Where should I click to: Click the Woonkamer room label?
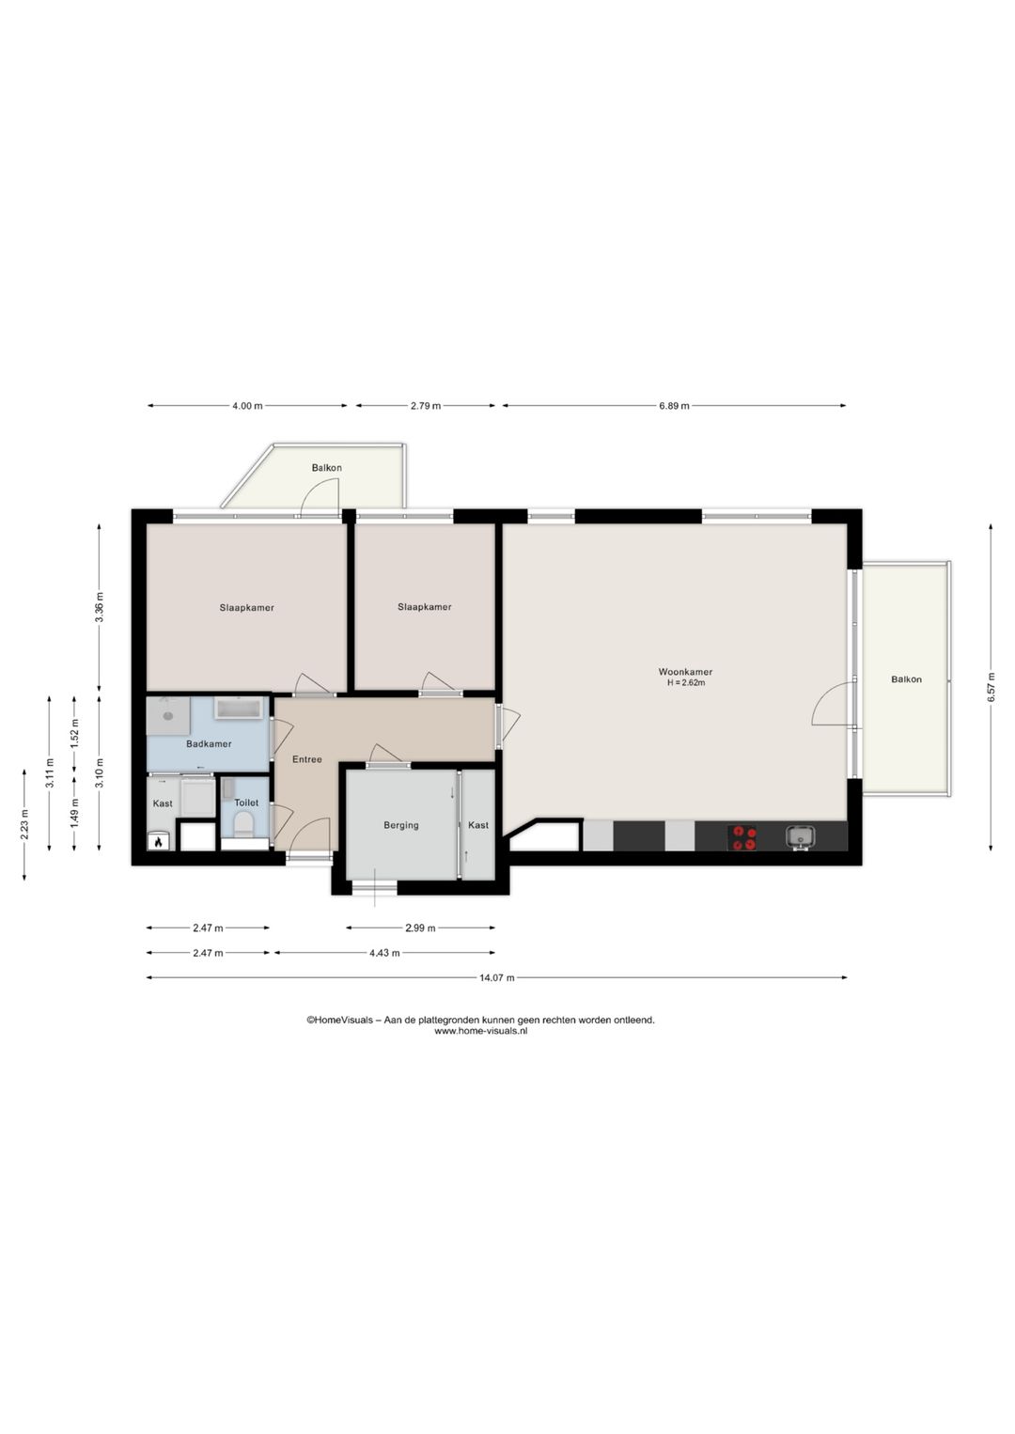coord(685,672)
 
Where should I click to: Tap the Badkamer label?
coord(209,744)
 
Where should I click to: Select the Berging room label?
coord(401,825)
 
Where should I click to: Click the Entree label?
coord(306,759)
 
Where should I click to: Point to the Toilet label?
coord(246,803)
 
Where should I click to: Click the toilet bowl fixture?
coord(243,824)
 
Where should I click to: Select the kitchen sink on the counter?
coord(801,836)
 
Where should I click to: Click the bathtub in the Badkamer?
coord(240,708)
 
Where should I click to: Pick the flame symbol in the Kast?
coord(158,843)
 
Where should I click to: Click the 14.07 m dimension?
coord(496,977)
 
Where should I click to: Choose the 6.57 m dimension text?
coord(991,688)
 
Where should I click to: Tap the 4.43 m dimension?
coord(384,953)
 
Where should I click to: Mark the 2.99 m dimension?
coord(420,927)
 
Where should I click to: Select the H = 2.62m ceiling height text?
coord(686,682)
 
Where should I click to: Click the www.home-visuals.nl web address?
coord(481,1031)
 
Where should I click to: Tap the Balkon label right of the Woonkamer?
coord(906,679)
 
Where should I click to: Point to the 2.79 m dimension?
coord(425,405)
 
